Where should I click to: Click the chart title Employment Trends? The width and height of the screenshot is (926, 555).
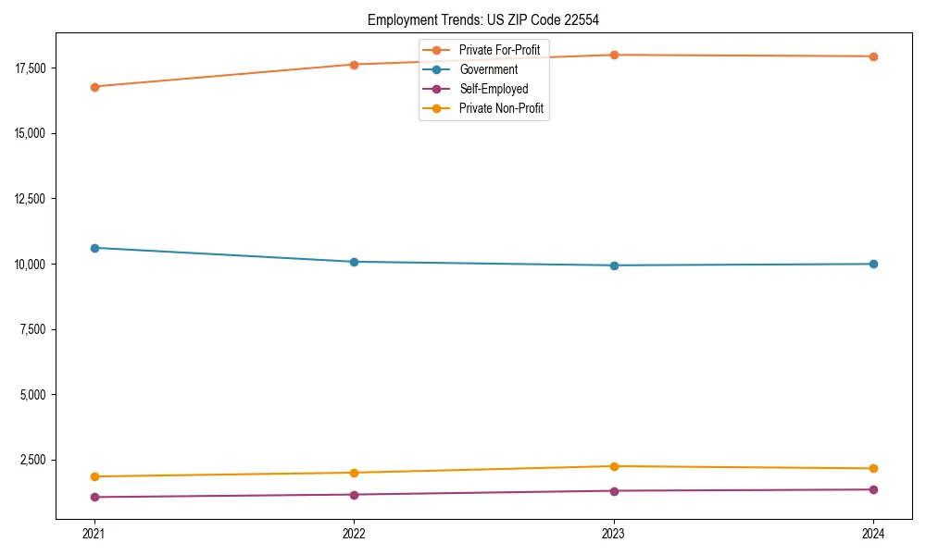(x=483, y=19)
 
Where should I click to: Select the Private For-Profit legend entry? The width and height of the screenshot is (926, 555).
(x=499, y=50)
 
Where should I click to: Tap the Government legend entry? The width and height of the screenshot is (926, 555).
(x=488, y=69)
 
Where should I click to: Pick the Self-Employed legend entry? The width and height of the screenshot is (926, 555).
(x=494, y=89)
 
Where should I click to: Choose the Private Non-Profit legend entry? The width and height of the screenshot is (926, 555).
(x=501, y=109)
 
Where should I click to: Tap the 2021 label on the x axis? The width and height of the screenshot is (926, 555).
(x=94, y=533)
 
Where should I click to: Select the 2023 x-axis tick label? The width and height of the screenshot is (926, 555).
(x=614, y=533)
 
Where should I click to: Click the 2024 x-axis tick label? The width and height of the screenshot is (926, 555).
(x=873, y=533)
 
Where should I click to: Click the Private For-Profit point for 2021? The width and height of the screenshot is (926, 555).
(x=94, y=87)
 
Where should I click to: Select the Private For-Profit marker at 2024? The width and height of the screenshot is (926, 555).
(x=873, y=56)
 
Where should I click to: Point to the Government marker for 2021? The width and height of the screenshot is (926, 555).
(x=94, y=248)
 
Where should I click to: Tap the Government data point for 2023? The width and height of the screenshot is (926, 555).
(x=614, y=265)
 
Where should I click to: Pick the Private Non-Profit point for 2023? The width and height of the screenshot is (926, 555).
(x=614, y=466)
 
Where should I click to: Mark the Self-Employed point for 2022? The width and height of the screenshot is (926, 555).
(x=354, y=495)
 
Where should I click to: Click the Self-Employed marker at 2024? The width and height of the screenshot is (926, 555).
(x=873, y=489)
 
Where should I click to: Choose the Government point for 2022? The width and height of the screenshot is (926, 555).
(x=354, y=262)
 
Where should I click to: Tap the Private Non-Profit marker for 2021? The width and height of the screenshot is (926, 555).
(x=94, y=476)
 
